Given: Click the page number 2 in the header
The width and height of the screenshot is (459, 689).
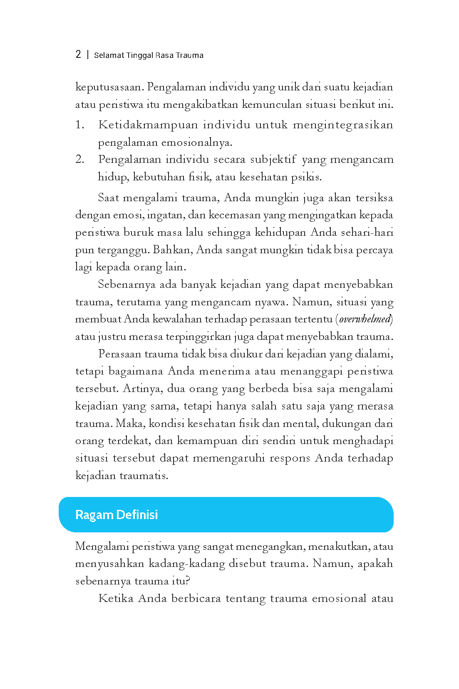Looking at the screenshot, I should pyautogui.click(x=78, y=55).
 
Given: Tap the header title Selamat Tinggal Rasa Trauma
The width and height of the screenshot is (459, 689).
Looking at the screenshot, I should pyautogui.click(x=149, y=55).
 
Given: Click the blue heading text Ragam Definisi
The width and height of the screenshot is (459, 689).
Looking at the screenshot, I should pyautogui.click(x=117, y=515).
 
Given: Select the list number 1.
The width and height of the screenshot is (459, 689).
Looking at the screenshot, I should pyautogui.click(x=79, y=125).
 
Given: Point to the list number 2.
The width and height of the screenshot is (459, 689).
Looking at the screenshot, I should pyautogui.click(x=80, y=160).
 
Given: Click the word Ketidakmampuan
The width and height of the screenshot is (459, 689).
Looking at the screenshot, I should pyautogui.click(x=148, y=125).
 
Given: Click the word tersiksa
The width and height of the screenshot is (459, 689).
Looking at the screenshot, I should pyautogui.click(x=374, y=198).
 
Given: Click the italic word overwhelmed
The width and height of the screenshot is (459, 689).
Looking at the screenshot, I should pyautogui.click(x=365, y=320).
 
